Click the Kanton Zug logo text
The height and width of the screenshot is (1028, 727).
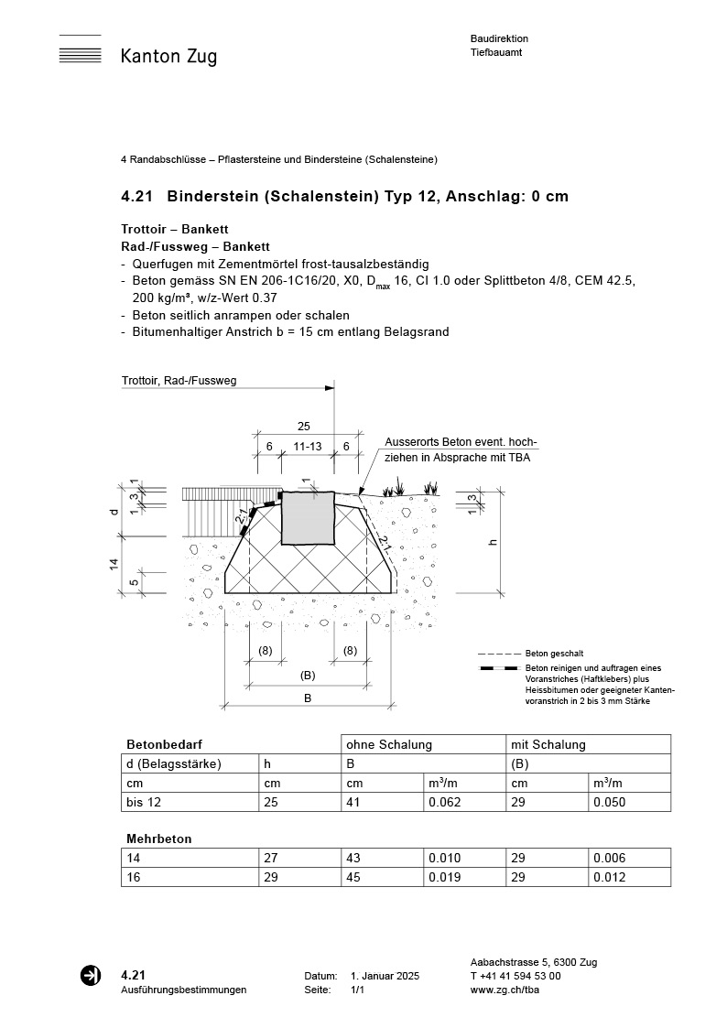point(168,57)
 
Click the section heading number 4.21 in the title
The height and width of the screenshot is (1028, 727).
point(137,197)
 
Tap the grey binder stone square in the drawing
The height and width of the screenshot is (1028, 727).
point(308,517)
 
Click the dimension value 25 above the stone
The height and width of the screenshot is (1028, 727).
point(305,427)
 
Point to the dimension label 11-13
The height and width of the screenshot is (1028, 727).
point(307,446)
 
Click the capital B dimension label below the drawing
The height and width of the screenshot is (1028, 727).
point(309,698)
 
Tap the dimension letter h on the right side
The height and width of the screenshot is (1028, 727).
point(494,542)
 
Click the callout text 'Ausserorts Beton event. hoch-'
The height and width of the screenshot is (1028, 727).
point(461,442)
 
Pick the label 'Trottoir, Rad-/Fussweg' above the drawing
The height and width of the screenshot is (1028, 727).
point(179,381)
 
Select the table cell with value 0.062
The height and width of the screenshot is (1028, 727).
point(444,802)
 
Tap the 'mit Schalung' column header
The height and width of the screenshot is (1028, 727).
point(548,745)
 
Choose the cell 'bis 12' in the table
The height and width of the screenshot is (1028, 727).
point(141,802)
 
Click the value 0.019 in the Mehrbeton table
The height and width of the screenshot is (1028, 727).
point(444,878)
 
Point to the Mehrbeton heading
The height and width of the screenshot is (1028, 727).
point(158,839)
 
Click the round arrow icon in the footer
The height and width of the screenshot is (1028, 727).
point(91,976)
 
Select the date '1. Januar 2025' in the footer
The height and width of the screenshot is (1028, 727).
point(385,977)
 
